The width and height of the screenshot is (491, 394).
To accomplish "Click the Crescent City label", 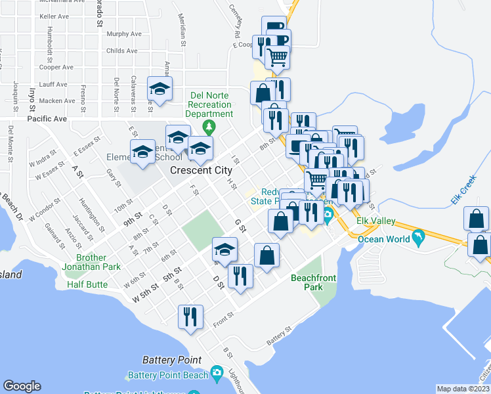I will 200,169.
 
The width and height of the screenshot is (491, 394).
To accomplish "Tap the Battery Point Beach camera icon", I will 217,375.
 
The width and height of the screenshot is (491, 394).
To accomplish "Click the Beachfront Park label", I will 313,282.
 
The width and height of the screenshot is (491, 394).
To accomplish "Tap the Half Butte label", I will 87,284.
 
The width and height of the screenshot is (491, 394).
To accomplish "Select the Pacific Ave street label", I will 47,120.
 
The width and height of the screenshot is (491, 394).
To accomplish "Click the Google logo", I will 22,386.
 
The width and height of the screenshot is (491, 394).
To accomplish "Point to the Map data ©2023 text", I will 463,389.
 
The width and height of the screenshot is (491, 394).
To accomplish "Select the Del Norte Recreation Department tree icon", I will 209,125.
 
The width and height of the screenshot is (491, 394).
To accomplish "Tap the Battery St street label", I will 278,341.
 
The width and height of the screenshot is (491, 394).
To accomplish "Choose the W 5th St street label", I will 146,294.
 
